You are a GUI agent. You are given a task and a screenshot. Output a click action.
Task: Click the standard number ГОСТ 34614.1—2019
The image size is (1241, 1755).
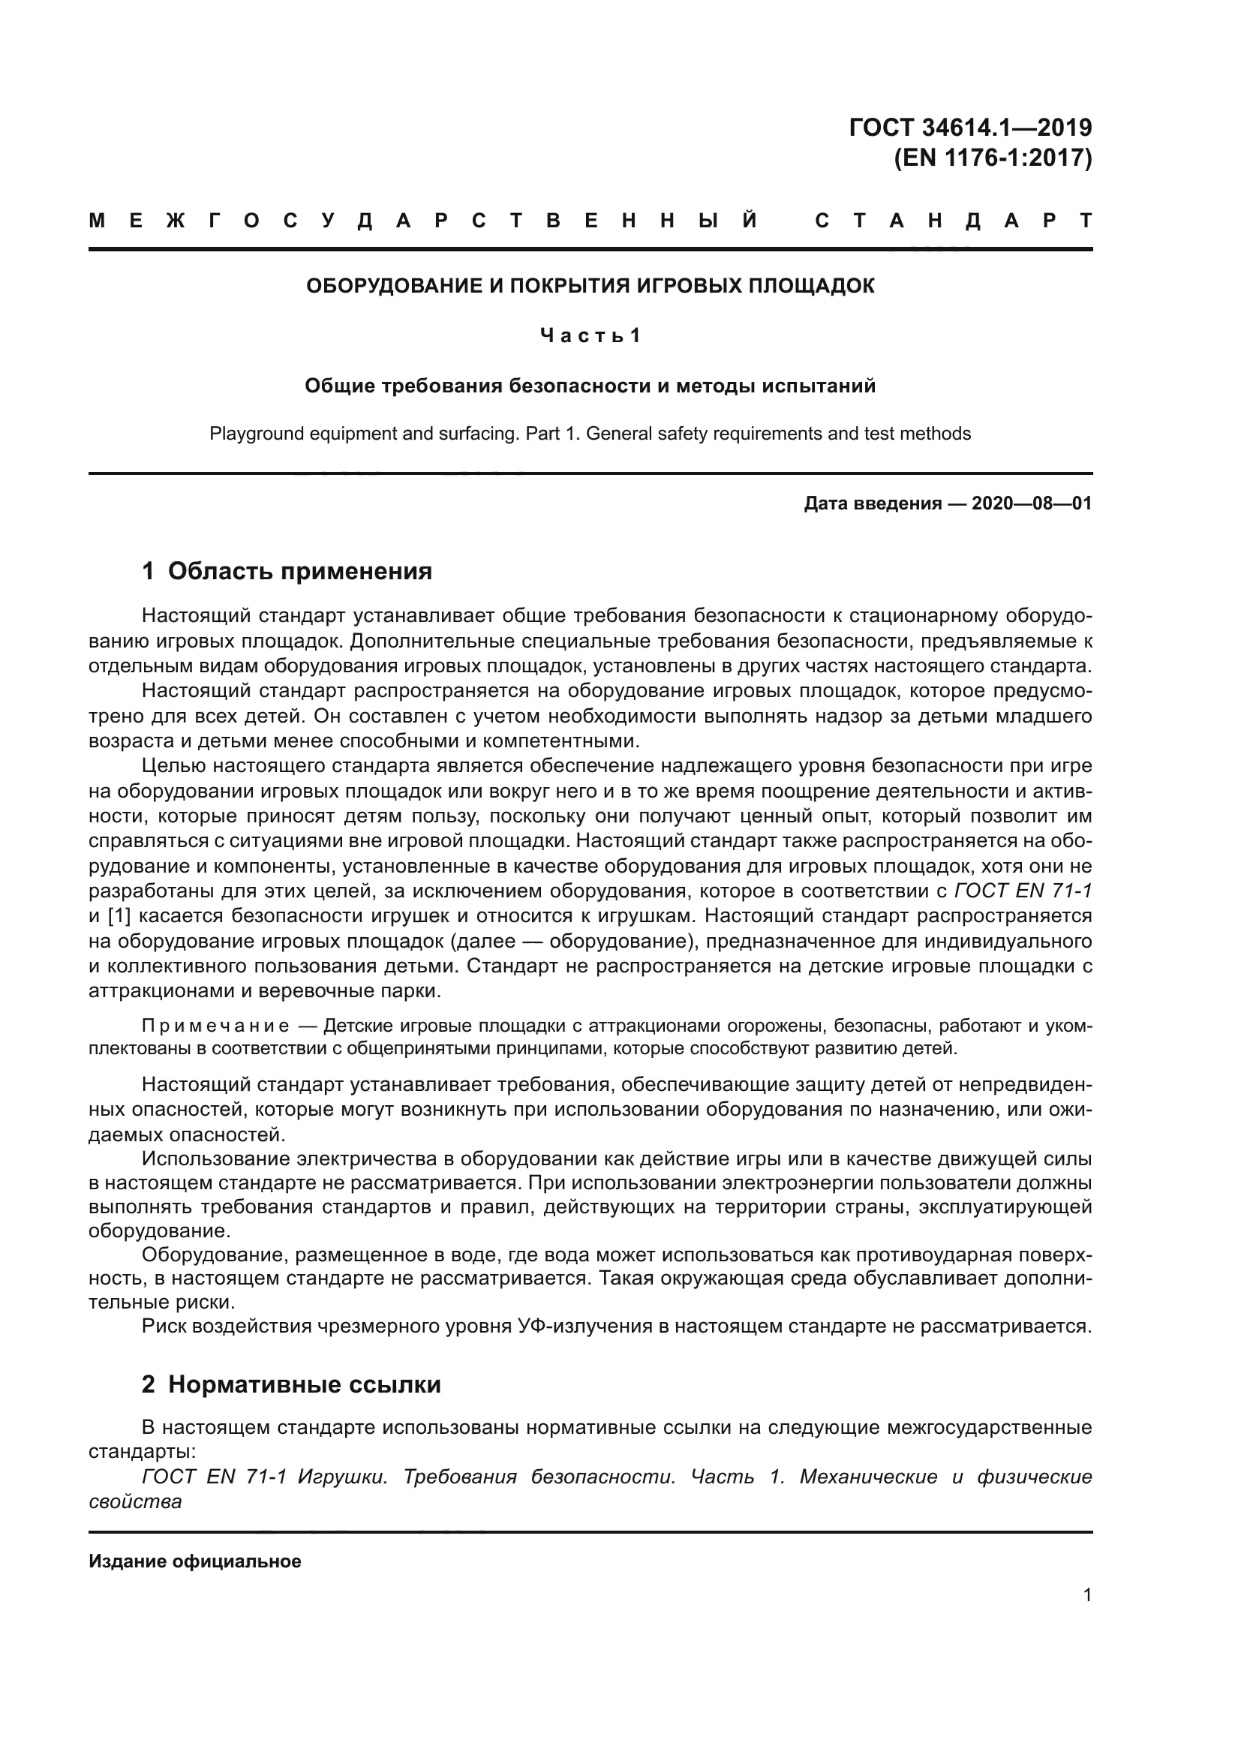point(969,127)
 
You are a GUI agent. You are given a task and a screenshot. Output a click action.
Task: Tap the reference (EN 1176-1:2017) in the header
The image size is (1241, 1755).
point(993,158)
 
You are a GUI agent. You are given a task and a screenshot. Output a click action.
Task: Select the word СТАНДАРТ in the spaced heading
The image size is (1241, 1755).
point(953,221)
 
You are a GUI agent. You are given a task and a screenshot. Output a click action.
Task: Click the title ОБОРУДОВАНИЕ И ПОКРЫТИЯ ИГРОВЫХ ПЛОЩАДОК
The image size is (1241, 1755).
point(590,286)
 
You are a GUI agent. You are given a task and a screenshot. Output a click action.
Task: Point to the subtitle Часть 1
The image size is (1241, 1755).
point(589,335)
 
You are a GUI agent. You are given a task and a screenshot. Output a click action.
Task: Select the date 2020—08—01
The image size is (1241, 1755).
point(1031,503)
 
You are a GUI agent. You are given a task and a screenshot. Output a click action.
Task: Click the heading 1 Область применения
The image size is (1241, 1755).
point(287,571)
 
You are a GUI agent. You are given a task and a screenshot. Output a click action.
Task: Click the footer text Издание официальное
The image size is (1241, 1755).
point(195,1561)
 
